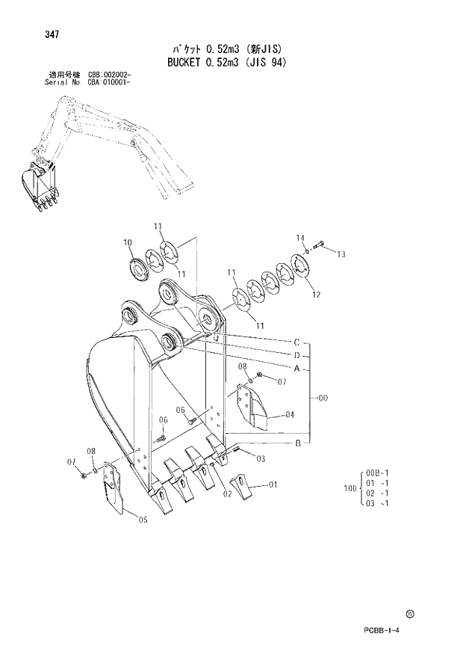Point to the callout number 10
(x=127, y=242)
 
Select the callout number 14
(x=300, y=238)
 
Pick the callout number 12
(x=316, y=294)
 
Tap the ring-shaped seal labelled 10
(x=138, y=266)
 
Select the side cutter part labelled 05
(x=113, y=488)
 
